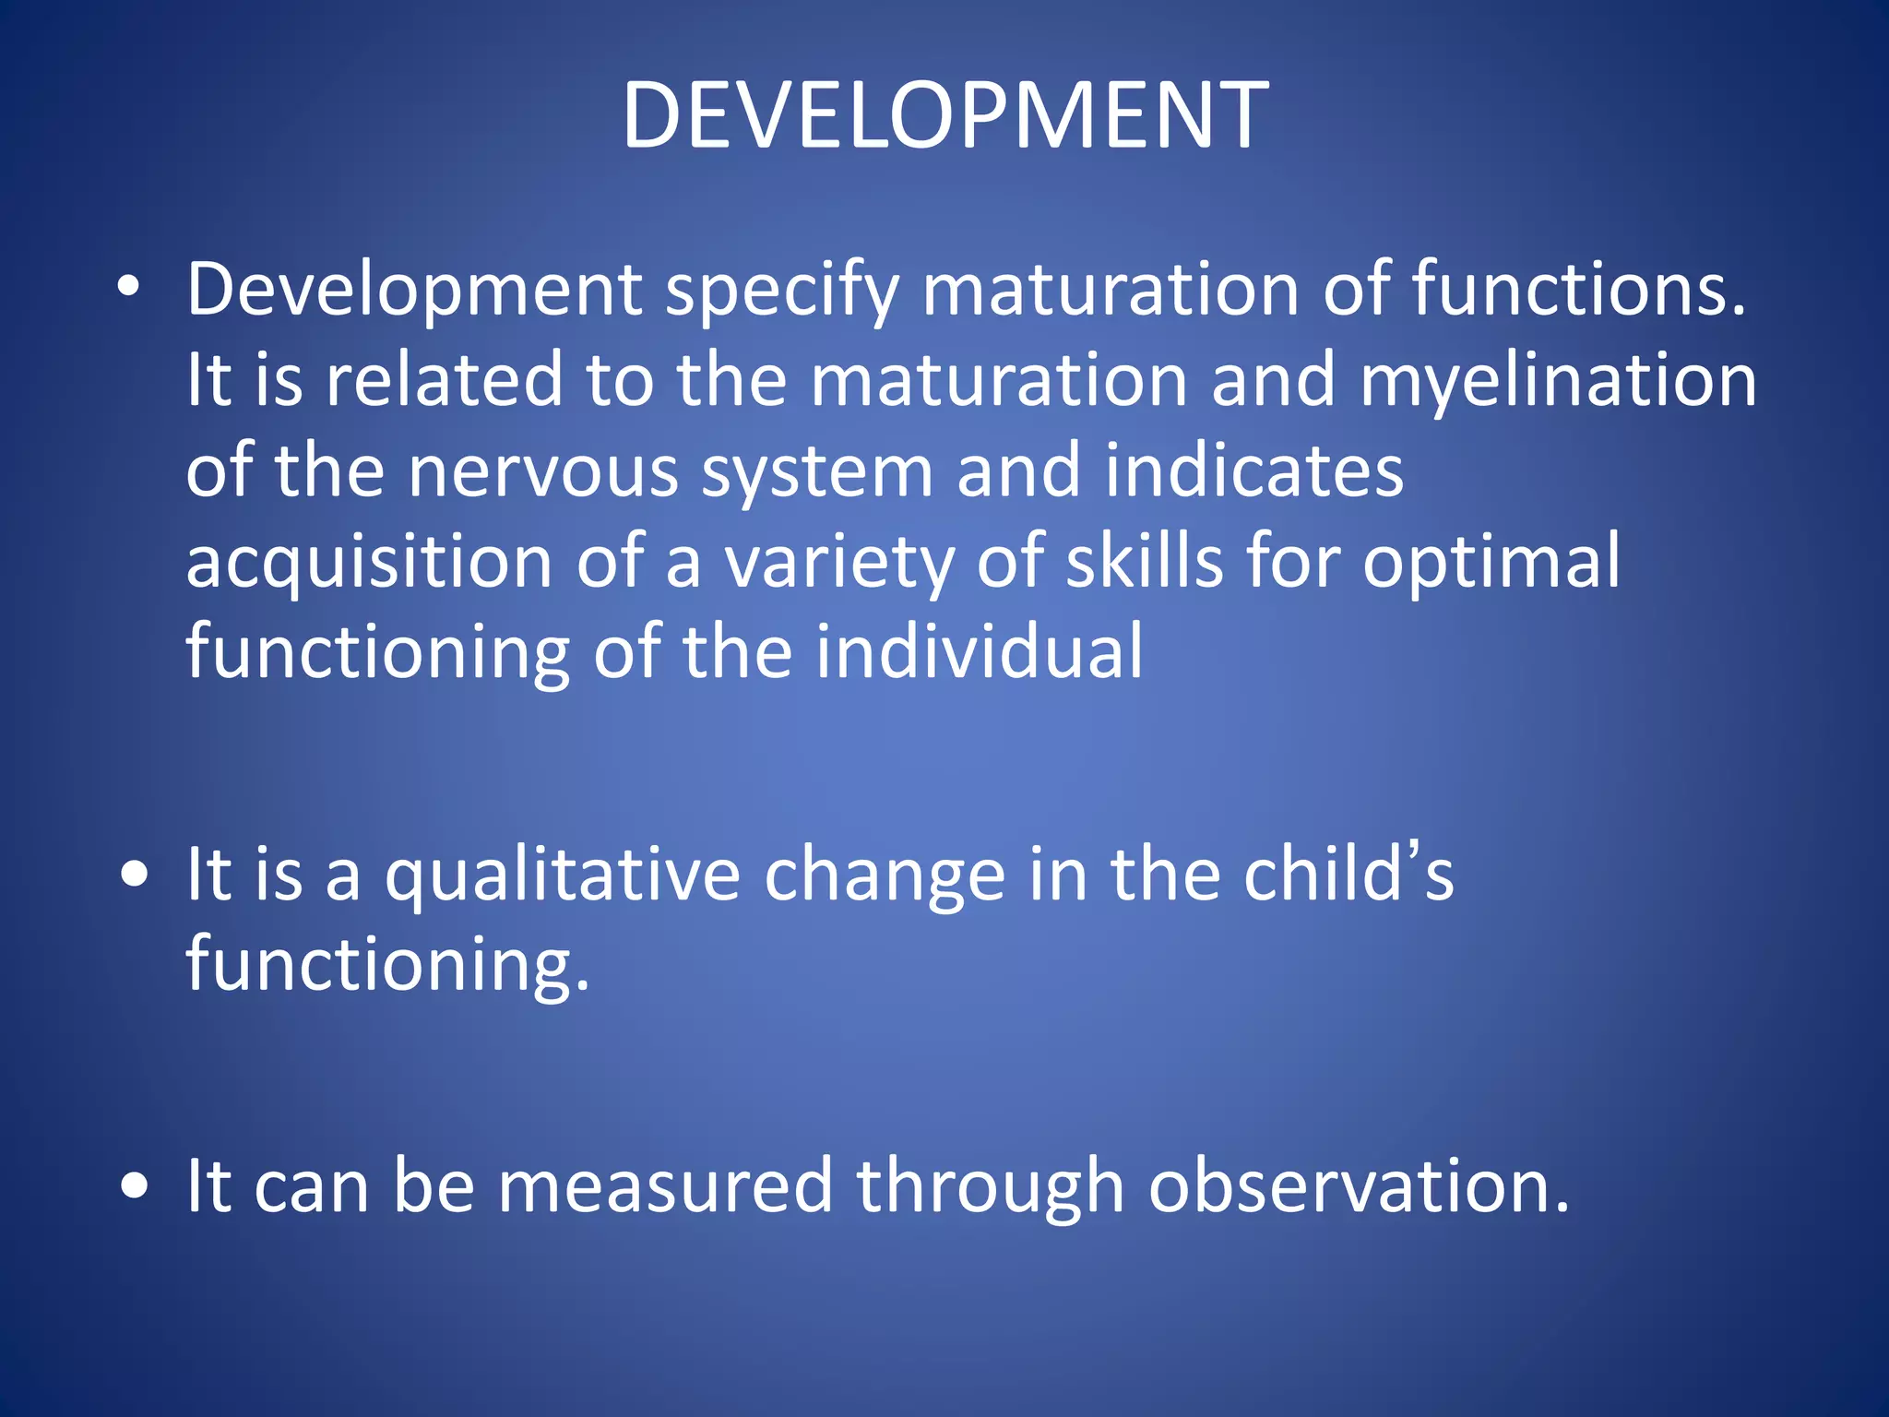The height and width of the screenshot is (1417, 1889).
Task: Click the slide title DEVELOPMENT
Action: tap(944, 115)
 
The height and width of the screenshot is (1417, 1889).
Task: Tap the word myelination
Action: tap(1558, 381)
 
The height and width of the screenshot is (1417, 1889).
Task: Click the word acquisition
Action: tap(369, 564)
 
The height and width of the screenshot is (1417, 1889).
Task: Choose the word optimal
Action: tap(1491, 564)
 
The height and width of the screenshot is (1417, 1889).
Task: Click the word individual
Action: tap(979, 651)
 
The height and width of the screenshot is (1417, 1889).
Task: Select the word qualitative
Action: tap(563, 876)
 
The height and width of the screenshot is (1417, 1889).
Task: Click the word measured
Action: tap(665, 1186)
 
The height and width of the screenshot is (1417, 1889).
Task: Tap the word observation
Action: tap(1358, 1186)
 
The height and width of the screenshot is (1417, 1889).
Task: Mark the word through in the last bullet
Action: tap(990, 1188)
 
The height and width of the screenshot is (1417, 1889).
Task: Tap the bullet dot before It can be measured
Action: tap(135, 1186)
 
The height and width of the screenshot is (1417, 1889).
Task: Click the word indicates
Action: tap(1253, 471)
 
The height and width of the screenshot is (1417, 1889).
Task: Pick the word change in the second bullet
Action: tap(885, 876)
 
